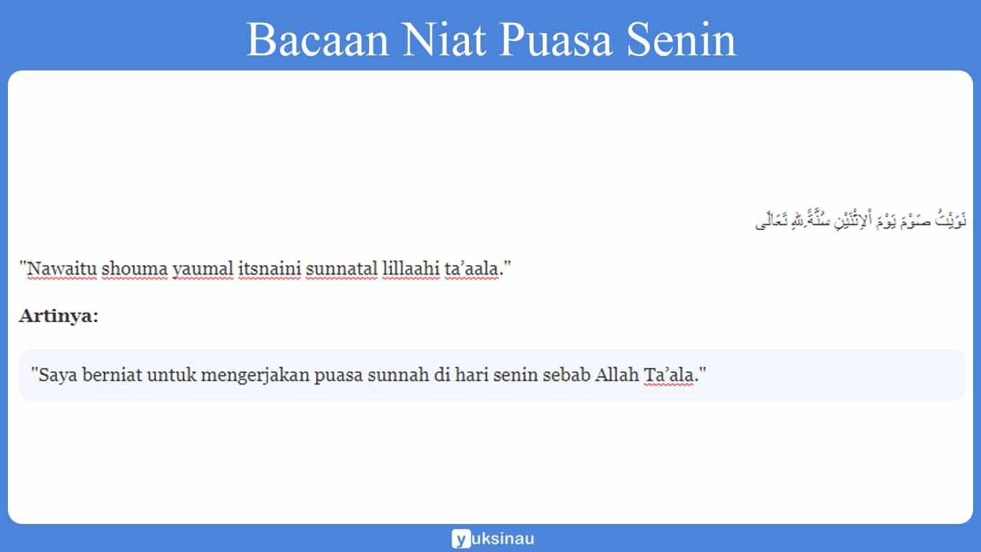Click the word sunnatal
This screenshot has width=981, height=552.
click(x=340, y=270)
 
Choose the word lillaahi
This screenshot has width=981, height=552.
click(x=410, y=270)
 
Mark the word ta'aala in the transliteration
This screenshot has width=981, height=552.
click(x=471, y=270)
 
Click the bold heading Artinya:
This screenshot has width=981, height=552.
click(x=59, y=316)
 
